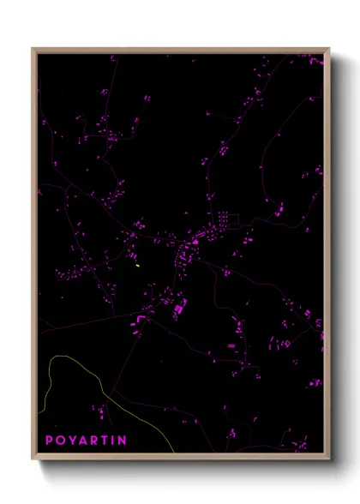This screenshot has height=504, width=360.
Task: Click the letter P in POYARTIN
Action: (49, 440)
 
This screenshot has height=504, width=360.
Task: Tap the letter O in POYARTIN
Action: (59, 440)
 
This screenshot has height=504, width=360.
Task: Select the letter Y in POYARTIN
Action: (70, 440)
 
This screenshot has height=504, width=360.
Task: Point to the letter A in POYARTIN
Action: (81, 440)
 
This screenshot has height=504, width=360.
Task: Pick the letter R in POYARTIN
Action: (93, 440)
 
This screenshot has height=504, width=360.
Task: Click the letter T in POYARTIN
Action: (103, 440)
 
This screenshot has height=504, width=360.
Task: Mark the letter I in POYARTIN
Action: (112, 440)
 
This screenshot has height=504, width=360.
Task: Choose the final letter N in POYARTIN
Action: (122, 440)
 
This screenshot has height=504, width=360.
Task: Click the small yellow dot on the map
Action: (137, 265)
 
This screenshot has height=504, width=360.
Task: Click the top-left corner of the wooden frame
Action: (33, 49)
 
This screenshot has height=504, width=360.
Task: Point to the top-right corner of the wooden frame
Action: (328, 49)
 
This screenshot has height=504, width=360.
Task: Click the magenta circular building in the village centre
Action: (195, 242)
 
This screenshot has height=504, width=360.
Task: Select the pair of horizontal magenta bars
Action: (231, 345)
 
